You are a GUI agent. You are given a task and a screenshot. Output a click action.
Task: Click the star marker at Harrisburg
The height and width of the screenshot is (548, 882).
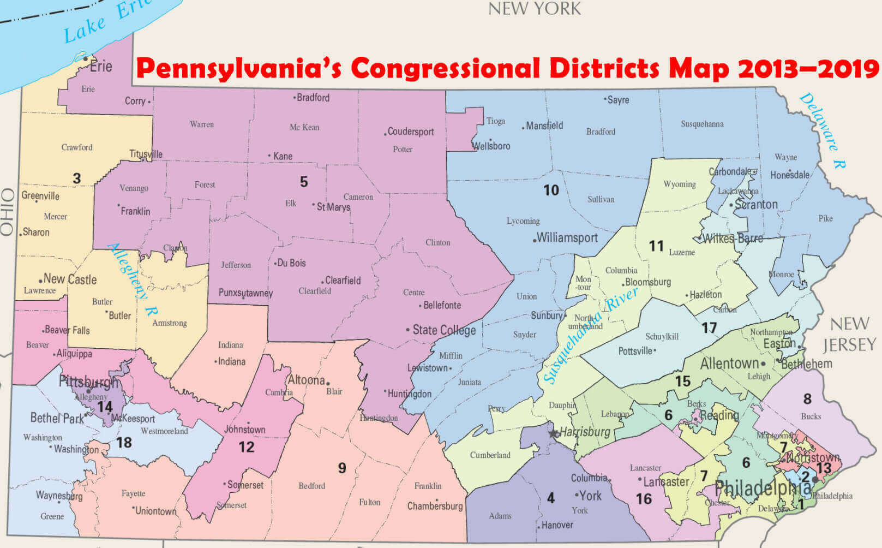click(x=554, y=433)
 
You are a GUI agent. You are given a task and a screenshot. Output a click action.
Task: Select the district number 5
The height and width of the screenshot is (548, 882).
click(x=304, y=182)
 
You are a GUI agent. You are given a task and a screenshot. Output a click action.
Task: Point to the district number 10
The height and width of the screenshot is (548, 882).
click(x=551, y=190)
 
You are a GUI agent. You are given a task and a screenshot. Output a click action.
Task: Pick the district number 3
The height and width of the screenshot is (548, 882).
click(x=77, y=178)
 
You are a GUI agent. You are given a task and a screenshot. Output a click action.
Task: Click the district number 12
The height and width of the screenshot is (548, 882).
click(x=246, y=447)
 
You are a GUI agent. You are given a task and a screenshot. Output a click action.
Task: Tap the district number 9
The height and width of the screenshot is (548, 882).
click(x=342, y=468)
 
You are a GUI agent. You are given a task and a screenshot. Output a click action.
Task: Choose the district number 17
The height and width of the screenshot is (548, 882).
click(x=709, y=327)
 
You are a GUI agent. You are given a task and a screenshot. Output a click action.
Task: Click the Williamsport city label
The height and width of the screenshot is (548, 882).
click(x=567, y=238)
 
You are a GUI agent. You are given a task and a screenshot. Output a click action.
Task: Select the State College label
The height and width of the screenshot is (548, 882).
click(x=443, y=330)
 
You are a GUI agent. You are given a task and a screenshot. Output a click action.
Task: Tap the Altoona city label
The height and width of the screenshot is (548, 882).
click(x=306, y=380)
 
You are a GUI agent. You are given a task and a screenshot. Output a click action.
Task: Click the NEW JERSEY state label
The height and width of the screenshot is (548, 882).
click(x=849, y=335)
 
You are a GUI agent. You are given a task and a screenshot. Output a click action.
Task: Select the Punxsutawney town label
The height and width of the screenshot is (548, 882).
click(x=245, y=293)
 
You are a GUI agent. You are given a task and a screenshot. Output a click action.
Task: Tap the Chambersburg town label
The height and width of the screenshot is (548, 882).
click(x=435, y=506)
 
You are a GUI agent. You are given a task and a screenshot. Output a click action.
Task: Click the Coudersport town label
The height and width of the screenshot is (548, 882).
click(x=410, y=132)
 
